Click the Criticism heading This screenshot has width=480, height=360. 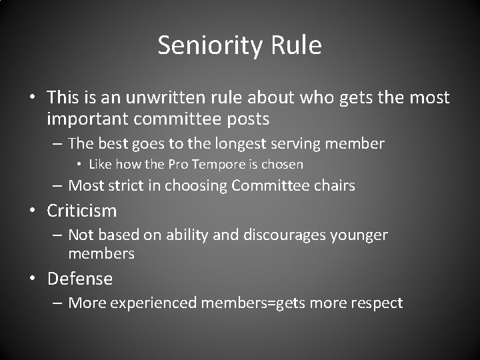[81, 211]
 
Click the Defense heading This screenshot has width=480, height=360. [79, 278]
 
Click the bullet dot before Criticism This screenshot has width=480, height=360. [32, 211]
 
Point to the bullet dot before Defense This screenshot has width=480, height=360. [32, 279]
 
